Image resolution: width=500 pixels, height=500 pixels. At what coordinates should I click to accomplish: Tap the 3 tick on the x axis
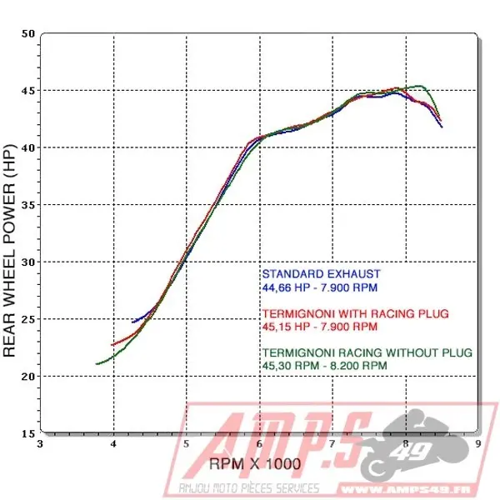(x=41, y=444)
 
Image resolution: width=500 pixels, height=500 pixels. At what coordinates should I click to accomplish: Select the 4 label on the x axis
(x=113, y=444)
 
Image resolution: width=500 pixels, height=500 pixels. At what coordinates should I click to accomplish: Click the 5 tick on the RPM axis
(x=187, y=444)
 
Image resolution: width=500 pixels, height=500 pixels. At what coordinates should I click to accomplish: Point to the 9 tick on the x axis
(x=477, y=444)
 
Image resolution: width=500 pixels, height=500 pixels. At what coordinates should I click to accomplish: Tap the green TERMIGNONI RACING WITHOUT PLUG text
(x=367, y=352)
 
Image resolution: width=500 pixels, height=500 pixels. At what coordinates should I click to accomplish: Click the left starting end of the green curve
(x=97, y=363)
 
